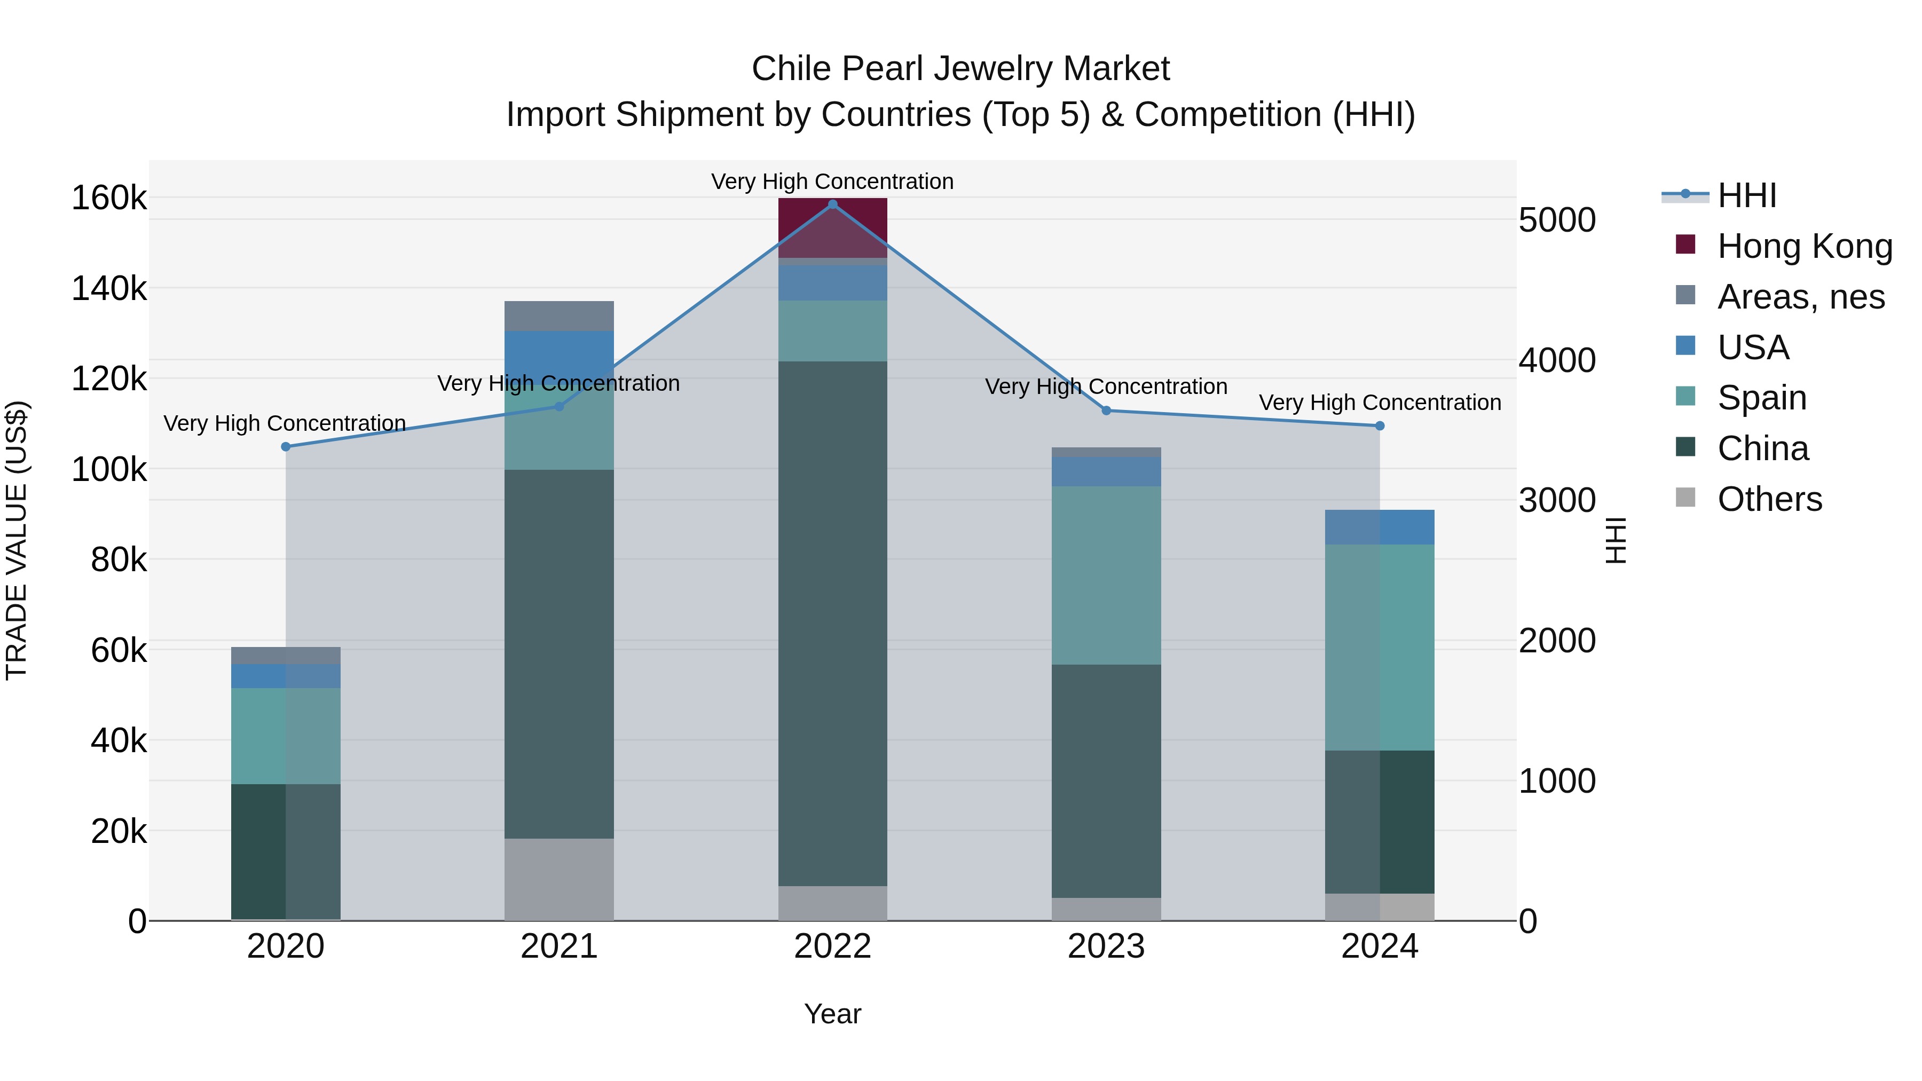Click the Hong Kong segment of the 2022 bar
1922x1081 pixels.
(833, 227)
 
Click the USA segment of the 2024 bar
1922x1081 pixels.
(1379, 527)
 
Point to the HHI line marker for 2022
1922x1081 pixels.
(833, 204)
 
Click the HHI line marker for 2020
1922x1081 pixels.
(286, 447)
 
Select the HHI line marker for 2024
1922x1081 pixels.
(1380, 426)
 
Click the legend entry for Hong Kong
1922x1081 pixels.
(1803, 246)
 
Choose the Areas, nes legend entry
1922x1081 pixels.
(1800, 297)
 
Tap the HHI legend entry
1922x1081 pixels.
(1746, 195)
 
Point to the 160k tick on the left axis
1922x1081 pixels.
(109, 199)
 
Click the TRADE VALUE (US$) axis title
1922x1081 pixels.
(17, 540)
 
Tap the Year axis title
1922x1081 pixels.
(833, 1014)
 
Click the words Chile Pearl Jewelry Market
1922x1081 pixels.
(960, 69)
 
